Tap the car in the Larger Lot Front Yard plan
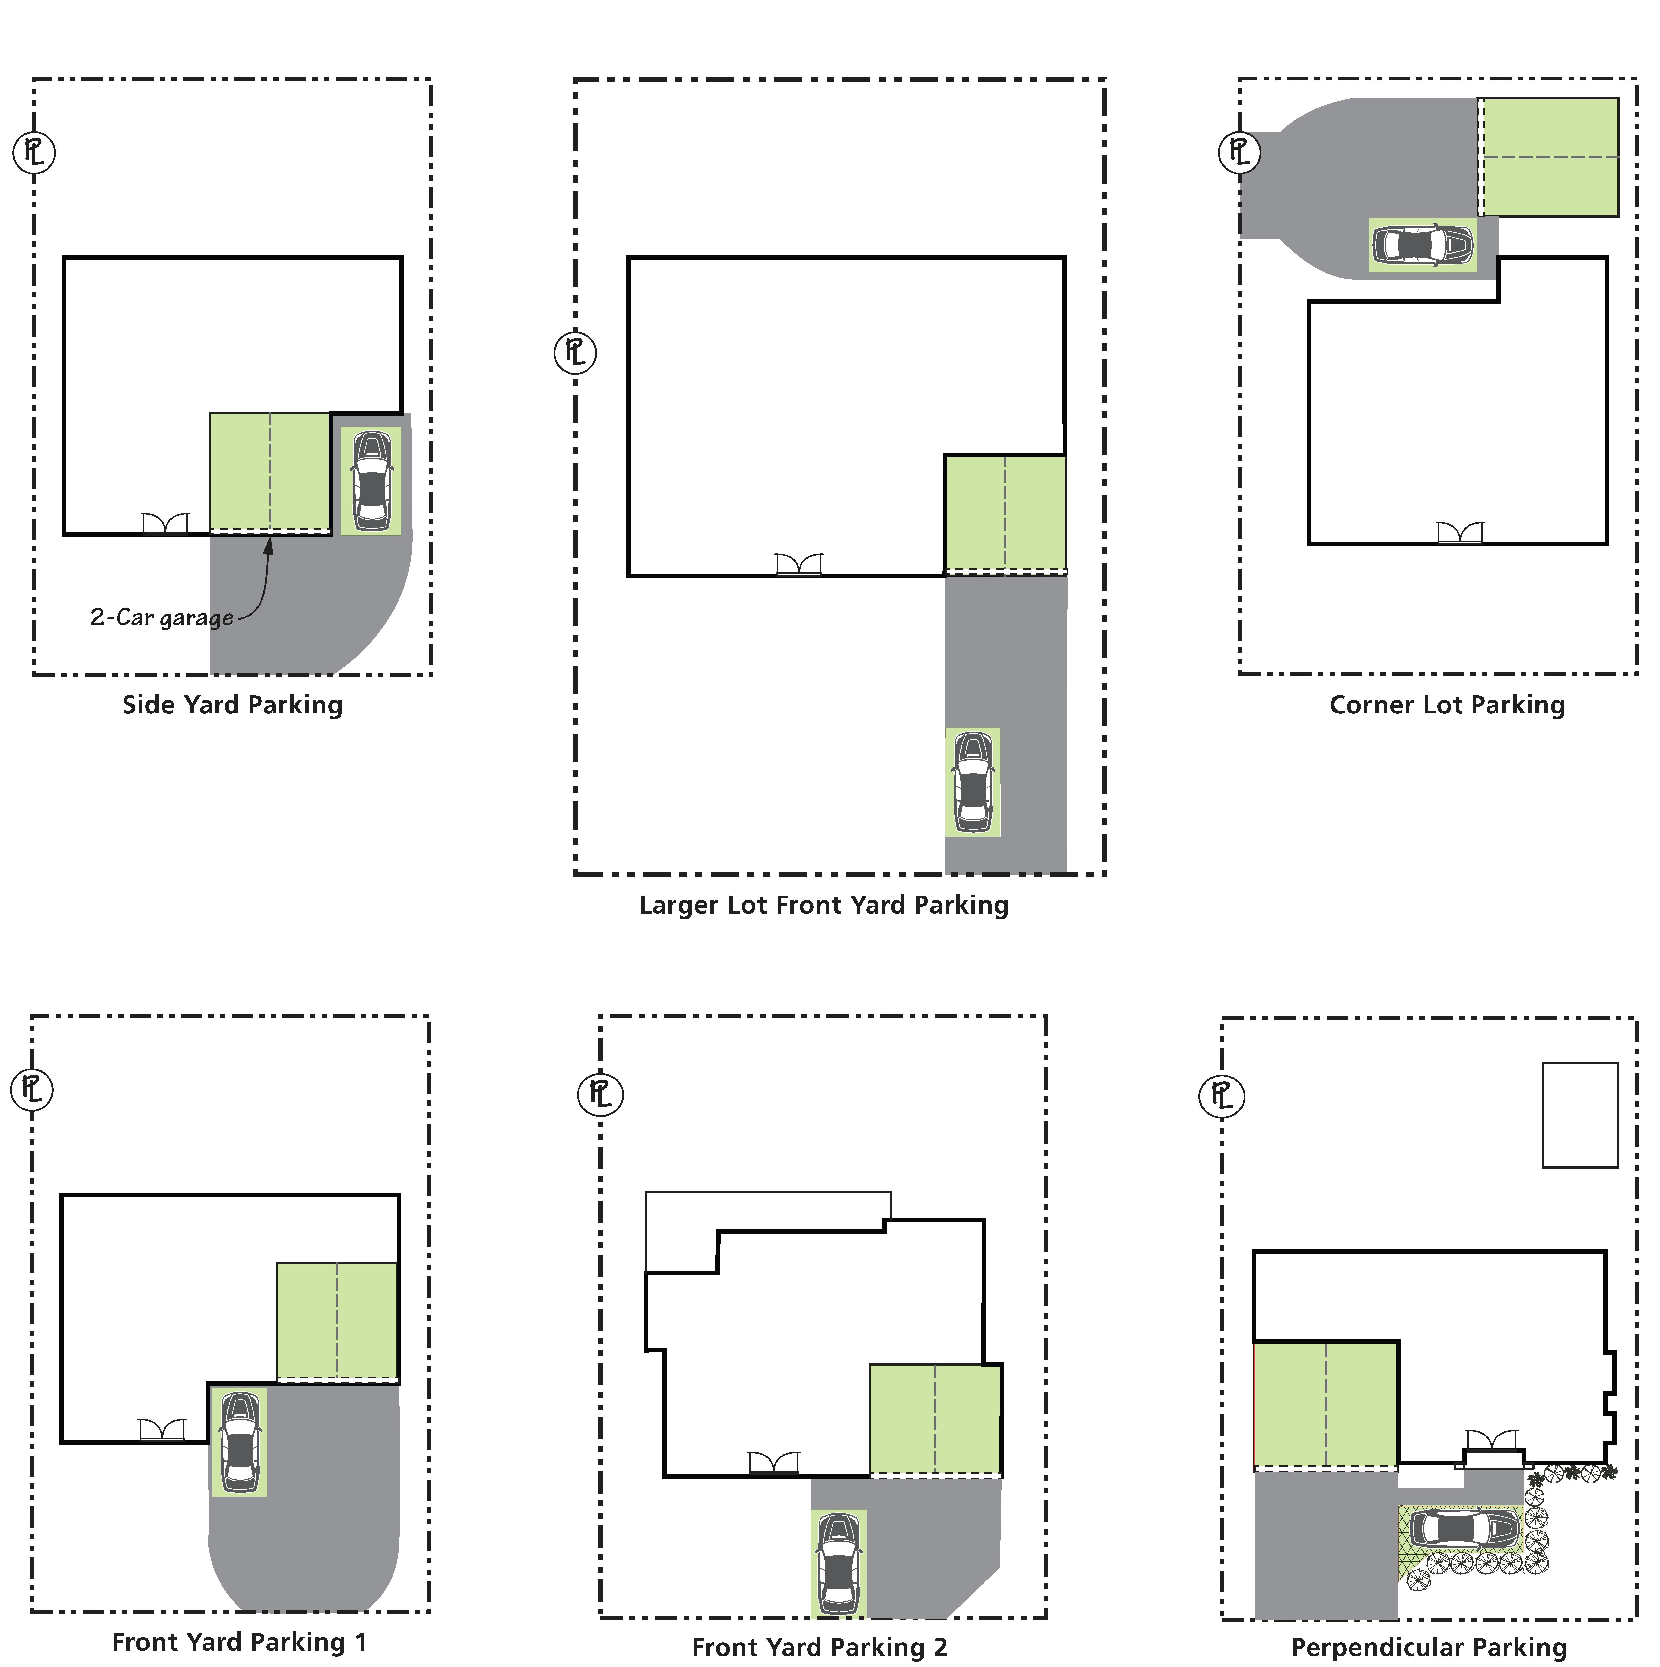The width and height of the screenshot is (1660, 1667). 972,782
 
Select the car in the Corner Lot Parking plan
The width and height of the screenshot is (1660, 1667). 1422,245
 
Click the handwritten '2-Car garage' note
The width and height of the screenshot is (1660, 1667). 161,618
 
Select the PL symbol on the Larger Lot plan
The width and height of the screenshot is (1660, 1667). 575,352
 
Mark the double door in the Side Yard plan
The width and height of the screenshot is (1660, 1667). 165,524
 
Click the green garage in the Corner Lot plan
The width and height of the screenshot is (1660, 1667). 1549,157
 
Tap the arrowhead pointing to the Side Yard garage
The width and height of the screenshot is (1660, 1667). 268,545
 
